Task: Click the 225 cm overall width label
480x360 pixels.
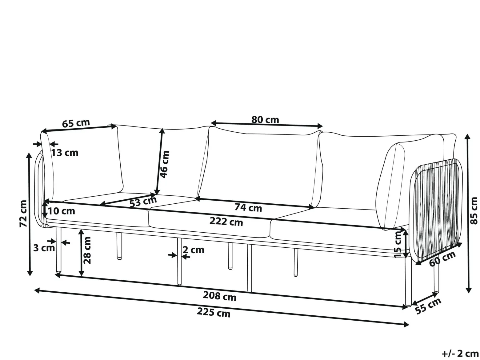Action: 214,312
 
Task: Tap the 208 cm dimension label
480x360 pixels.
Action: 220,296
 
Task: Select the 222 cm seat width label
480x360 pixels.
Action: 226,222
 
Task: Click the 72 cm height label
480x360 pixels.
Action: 23,214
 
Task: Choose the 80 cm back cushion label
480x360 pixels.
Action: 265,120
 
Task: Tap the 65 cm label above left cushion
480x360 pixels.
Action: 76,123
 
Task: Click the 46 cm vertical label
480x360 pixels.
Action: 165,164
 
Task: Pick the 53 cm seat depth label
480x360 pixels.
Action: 143,202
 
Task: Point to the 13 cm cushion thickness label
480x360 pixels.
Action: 65,153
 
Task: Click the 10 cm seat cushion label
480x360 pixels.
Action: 62,211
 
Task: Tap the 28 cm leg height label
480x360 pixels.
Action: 87,250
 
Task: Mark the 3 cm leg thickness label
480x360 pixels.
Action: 44,248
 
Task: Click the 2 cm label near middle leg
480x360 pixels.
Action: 194,250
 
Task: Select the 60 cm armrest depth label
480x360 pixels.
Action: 442,259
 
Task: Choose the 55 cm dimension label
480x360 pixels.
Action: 428,306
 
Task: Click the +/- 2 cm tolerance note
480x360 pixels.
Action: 460,354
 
